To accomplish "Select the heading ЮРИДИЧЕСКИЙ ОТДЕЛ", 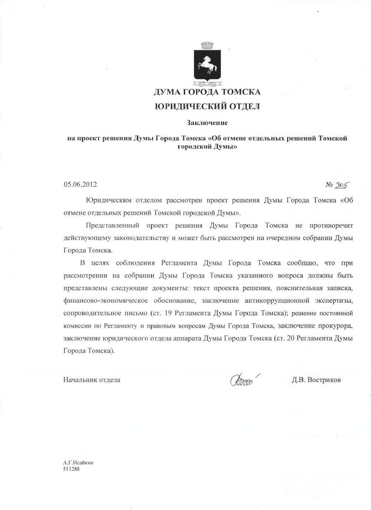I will pyautogui.click(x=207, y=107).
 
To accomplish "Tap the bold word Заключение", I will pyautogui.click(x=207, y=123).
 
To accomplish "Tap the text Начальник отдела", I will pyautogui.click(x=92, y=380).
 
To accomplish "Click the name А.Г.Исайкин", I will pyautogui.click(x=78, y=462).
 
